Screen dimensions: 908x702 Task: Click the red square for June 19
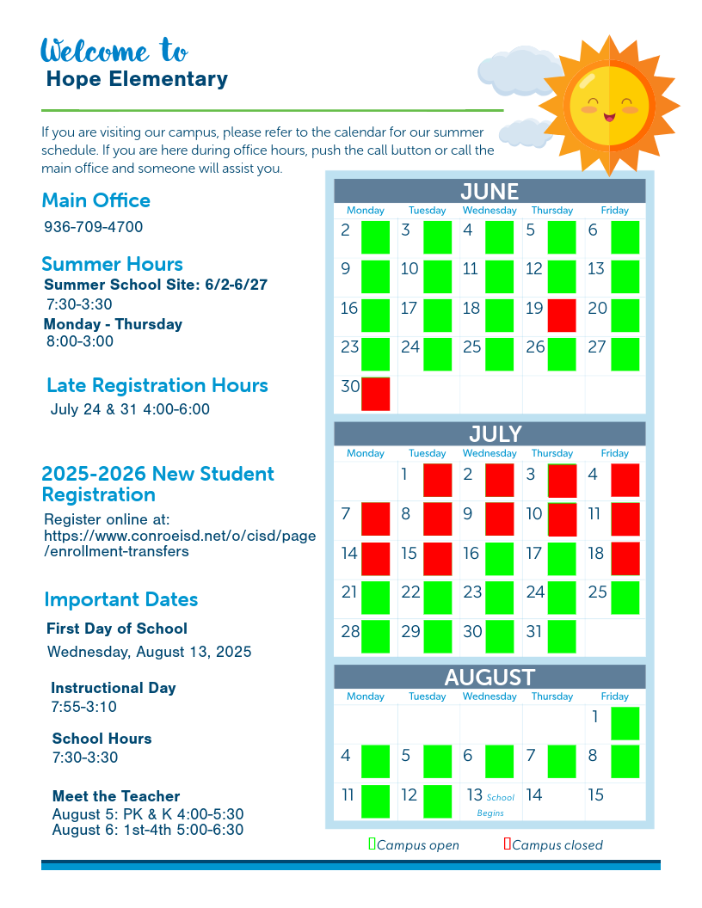[x=562, y=316]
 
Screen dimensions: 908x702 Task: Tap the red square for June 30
[x=376, y=394]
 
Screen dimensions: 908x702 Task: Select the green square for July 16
[x=500, y=558]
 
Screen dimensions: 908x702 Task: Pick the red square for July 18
[x=625, y=558]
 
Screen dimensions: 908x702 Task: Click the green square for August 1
[x=625, y=723]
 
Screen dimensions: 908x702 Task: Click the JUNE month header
[x=490, y=191]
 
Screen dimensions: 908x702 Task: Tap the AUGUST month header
[x=490, y=678]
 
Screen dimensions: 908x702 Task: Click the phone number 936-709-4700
[x=94, y=227]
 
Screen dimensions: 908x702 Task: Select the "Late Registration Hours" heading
[x=157, y=385]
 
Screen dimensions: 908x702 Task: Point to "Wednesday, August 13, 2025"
[x=150, y=652]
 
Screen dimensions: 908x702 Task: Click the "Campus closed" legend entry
[x=553, y=845]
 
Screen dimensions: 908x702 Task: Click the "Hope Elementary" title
[x=137, y=79]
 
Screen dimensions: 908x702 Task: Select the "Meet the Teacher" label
[x=116, y=796]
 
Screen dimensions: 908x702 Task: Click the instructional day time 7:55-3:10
[x=84, y=707]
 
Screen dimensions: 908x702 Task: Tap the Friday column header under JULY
[x=614, y=453]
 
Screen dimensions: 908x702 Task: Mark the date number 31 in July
[x=534, y=631]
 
